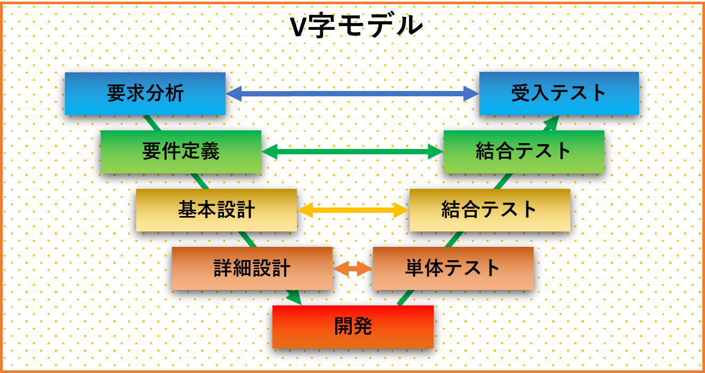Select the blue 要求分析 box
(x=145, y=94)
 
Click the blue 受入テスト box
(x=559, y=94)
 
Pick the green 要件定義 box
(x=181, y=152)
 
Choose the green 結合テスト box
(x=524, y=152)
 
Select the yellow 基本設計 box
(x=216, y=210)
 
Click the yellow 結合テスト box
(x=490, y=210)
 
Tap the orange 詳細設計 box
(x=252, y=269)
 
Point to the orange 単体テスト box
(x=453, y=269)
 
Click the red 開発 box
(x=353, y=327)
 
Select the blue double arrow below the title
(x=352, y=94)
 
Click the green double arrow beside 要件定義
(x=352, y=152)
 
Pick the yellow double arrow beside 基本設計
(x=353, y=210)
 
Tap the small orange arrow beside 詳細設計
(x=352, y=269)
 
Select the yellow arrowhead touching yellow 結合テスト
(x=401, y=210)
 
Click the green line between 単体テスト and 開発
(x=406, y=297)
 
